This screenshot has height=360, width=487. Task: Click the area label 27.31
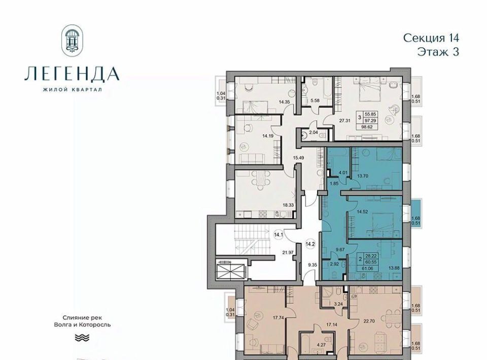pyautogui.click(x=345, y=121)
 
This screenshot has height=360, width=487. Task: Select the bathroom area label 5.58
pyautogui.click(x=315, y=100)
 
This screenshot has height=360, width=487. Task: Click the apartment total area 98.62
pyautogui.click(x=370, y=127)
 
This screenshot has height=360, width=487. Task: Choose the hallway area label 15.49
pyautogui.click(x=298, y=158)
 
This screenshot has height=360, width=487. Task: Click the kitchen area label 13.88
pyautogui.click(x=394, y=268)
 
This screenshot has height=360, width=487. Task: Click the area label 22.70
pyautogui.click(x=374, y=321)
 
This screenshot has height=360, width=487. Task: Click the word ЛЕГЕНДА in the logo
pyautogui.click(x=72, y=74)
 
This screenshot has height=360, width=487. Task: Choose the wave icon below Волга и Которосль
pyautogui.click(x=82, y=338)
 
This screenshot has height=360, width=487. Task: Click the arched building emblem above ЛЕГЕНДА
pyautogui.click(x=73, y=41)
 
